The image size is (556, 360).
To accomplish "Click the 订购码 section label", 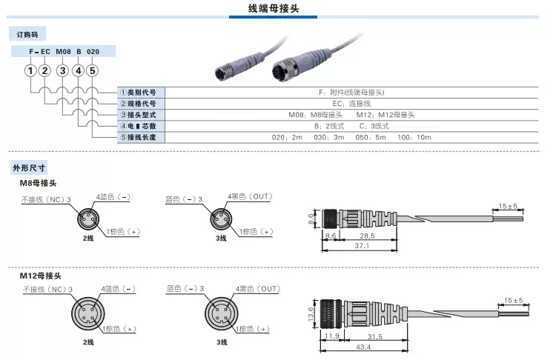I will tap(27, 34).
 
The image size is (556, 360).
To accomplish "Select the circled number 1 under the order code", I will tap(30, 71).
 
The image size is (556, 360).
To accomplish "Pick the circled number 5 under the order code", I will tap(92, 71).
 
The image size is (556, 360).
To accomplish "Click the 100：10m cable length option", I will tap(414, 138).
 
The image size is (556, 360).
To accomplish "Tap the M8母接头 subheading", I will tap(38, 182).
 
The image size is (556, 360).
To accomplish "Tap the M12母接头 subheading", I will tap(40, 276).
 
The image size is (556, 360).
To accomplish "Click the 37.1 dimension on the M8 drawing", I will tap(362, 245).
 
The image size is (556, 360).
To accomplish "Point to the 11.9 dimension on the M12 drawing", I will tap(331, 336).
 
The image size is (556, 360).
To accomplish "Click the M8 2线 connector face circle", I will tap(87, 219).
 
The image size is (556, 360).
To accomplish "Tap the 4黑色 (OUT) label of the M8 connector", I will tap(253, 196).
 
